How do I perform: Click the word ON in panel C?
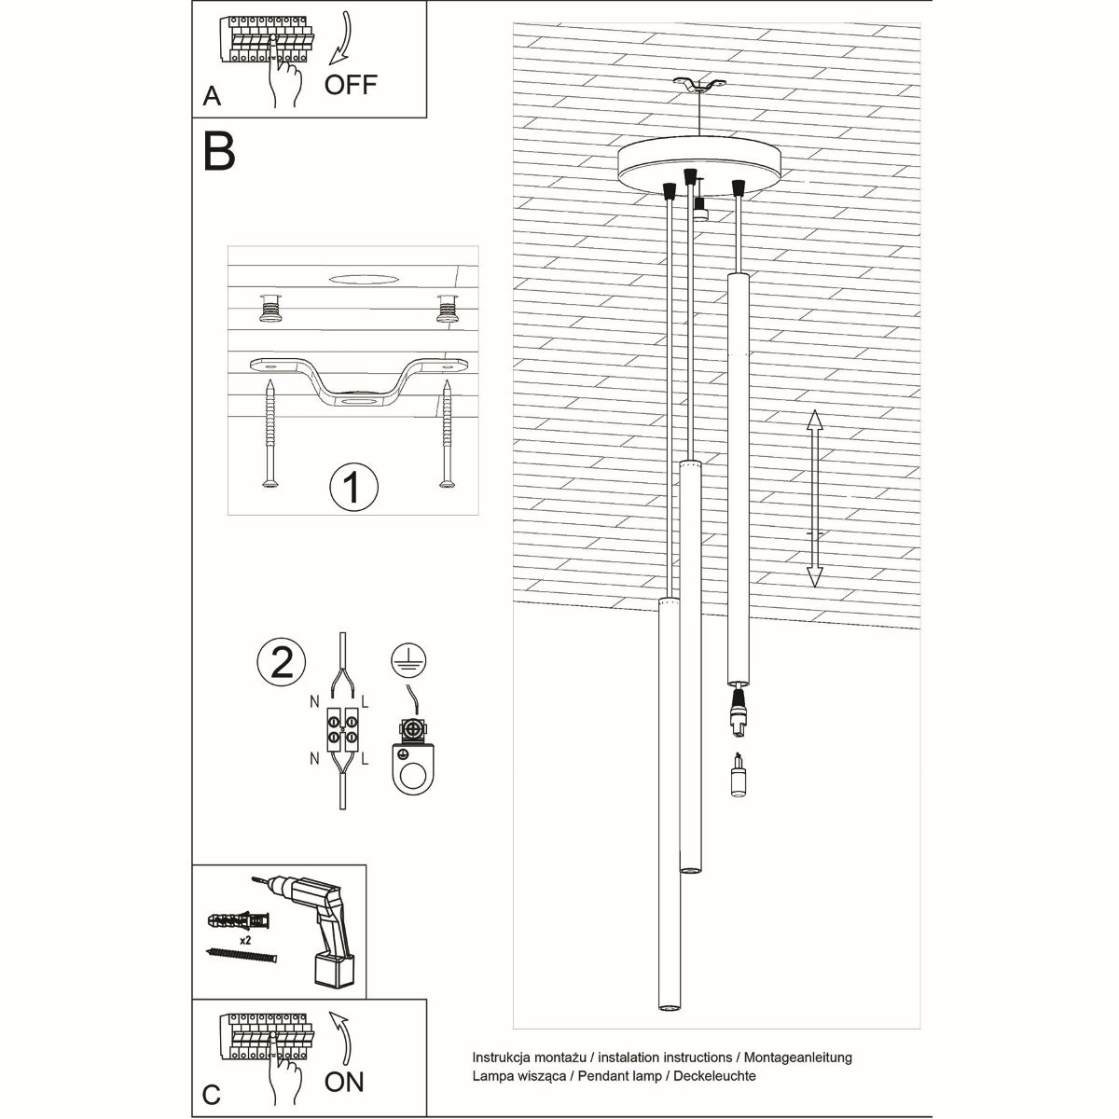coord(344,1082)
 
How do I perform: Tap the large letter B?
coord(219,151)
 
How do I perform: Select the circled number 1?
coord(353,486)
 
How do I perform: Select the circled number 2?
coord(282,660)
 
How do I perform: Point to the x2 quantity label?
coord(247,942)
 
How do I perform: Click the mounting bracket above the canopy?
coord(700,86)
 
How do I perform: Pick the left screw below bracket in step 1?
coord(269,434)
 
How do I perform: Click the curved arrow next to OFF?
coord(341,42)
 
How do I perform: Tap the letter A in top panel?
coord(213,96)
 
